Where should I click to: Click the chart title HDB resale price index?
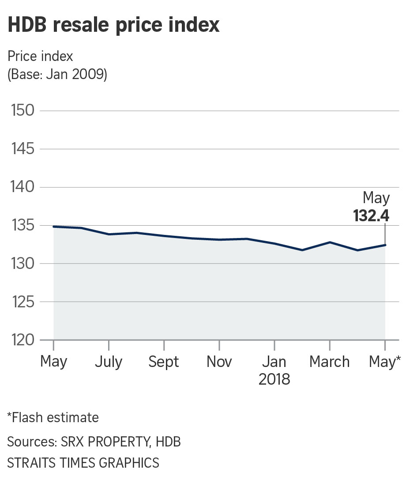(x=113, y=25)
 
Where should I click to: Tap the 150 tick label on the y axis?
(x=22, y=111)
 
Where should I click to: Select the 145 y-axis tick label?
(x=22, y=149)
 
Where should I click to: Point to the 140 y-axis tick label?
(x=22, y=187)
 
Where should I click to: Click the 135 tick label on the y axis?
(x=22, y=226)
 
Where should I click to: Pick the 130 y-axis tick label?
(x=22, y=264)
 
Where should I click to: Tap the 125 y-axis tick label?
(x=22, y=302)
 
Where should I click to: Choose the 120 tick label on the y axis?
(x=22, y=340)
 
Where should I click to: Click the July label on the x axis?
(x=109, y=362)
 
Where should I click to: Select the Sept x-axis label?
(x=164, y=362)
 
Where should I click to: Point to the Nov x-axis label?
(x=219, y=362)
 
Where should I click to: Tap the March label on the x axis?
(x=329, y=362)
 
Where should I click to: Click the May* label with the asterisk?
(x=385, y=362)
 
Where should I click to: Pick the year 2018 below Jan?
(x=274, y=379)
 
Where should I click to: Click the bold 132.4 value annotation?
(x=371, y=216)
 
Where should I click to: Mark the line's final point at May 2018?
(x=385, y=245)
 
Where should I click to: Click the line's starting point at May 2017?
(x=53, y=227)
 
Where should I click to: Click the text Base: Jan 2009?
(x=57, y=74)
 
